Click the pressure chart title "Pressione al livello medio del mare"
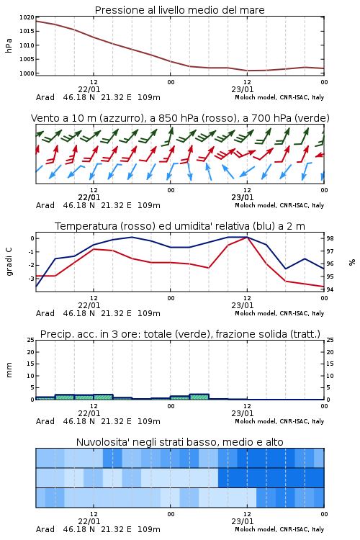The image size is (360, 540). click(179, 10)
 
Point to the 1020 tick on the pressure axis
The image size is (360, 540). click(27, 17)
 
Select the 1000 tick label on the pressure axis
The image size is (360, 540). click(27, 73)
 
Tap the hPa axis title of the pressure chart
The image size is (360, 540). click(9, 45)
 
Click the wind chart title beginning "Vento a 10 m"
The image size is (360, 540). click(180, 118)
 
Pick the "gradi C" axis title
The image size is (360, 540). click(9, 262)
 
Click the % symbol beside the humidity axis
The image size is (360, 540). click(352, 262)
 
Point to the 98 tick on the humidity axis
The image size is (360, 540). click(330, 238)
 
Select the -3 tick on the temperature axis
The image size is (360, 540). click(31, 278)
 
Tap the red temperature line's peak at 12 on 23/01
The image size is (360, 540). click(248, 237)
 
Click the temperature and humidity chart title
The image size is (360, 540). click(180, 226)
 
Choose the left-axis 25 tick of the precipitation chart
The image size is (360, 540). click(31, 340)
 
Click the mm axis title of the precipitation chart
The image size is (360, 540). click(9, 370)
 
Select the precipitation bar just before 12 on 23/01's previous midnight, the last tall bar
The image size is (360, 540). click(199, 397)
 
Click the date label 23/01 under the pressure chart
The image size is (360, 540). click(243, 89)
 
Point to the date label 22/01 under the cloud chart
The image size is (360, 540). click(89, 521)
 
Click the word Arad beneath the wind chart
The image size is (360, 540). click(45, 205)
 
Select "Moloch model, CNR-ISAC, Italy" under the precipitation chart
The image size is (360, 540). click(279, 421)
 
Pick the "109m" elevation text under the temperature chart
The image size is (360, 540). click(149, 313)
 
